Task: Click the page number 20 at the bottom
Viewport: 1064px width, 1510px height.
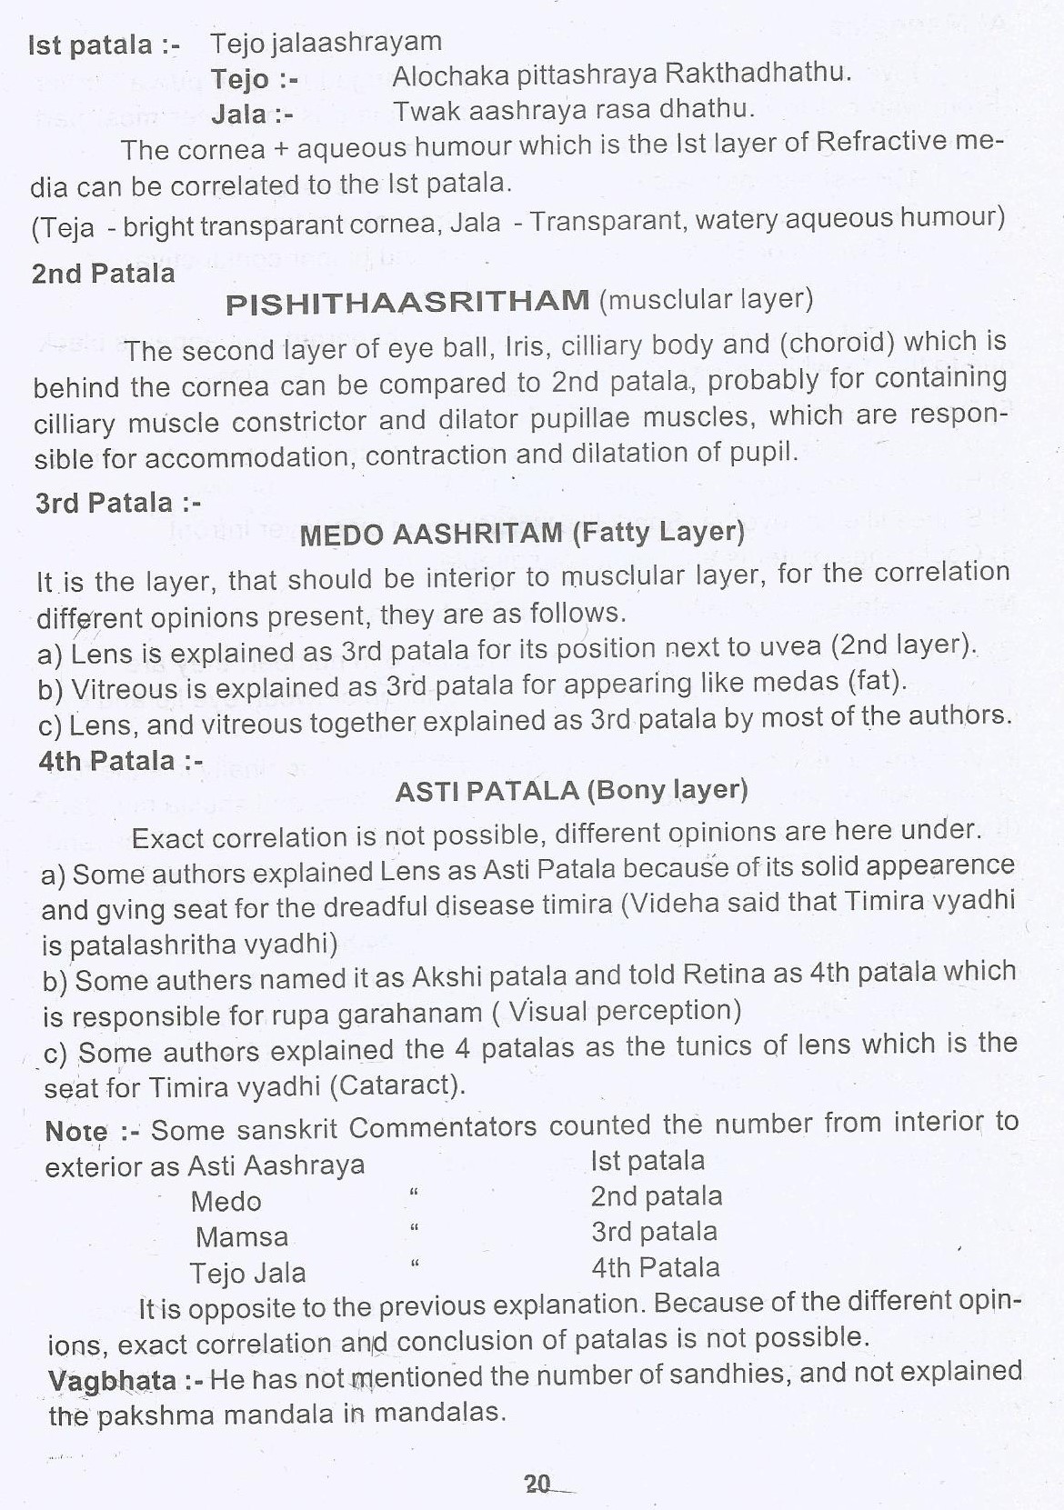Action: click(537, 1484)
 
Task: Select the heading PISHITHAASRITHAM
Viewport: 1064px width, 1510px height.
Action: click(407, 303)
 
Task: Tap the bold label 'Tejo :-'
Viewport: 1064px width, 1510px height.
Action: click(255, 79)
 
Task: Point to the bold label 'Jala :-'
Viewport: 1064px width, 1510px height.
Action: click(252, 115)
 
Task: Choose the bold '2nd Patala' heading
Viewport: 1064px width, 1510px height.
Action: click(103, 273)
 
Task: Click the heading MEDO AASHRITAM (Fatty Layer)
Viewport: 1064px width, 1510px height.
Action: click(521, 533)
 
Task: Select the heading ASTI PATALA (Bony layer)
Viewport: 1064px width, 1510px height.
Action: click(571, 791)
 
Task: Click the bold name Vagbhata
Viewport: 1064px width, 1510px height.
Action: click(112, 1381)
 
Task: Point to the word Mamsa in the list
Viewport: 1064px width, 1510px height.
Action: click(229, 1237)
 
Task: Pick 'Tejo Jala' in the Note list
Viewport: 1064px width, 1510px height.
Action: click(247, 1273)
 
